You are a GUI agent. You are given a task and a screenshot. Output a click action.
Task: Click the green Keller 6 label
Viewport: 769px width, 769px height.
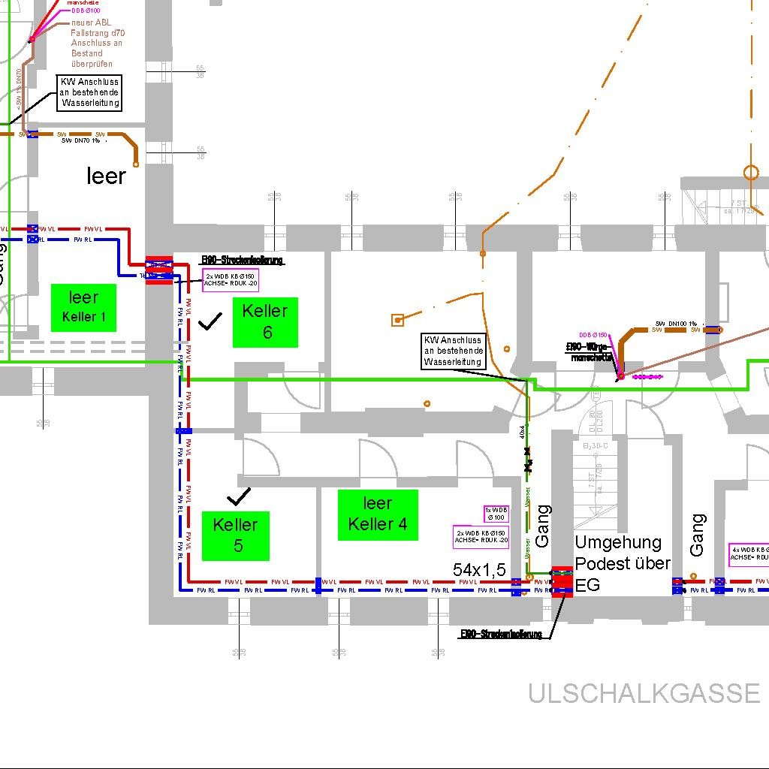tap(265, 322)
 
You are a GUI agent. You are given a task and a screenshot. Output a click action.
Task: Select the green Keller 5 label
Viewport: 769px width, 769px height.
tap(235, 535)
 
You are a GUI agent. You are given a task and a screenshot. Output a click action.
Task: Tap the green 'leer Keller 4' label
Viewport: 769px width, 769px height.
tap(378, 514)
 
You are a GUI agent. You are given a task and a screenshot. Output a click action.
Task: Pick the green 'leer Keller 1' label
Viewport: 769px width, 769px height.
tap(83, 307)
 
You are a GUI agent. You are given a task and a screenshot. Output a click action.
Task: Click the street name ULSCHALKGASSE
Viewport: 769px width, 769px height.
tap(644, 693)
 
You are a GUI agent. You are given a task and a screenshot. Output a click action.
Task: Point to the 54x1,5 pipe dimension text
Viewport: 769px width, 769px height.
tap(479, 570)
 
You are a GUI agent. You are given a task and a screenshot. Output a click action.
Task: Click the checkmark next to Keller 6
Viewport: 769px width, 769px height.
tap(211, 322)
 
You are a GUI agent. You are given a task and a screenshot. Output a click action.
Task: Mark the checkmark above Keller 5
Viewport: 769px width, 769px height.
tap(239, 496)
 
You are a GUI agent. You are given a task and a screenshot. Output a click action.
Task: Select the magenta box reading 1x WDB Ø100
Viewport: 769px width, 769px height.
tap(496, 514)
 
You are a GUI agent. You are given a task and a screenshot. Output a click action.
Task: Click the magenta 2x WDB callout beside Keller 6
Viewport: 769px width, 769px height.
tap(231, 280)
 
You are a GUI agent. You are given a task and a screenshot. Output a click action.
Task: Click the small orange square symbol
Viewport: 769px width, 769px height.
tap(397, 321)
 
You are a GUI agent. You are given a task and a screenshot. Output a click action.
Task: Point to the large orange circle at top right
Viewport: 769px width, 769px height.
tap(751, 173)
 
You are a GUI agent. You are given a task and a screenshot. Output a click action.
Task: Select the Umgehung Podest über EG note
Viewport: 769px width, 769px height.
tap(622, 563)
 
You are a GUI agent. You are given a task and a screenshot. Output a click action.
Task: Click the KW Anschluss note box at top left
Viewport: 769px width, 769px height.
tap(90, 93)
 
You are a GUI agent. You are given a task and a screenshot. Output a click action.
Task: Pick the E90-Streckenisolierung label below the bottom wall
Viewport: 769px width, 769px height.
tap(501, 635)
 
